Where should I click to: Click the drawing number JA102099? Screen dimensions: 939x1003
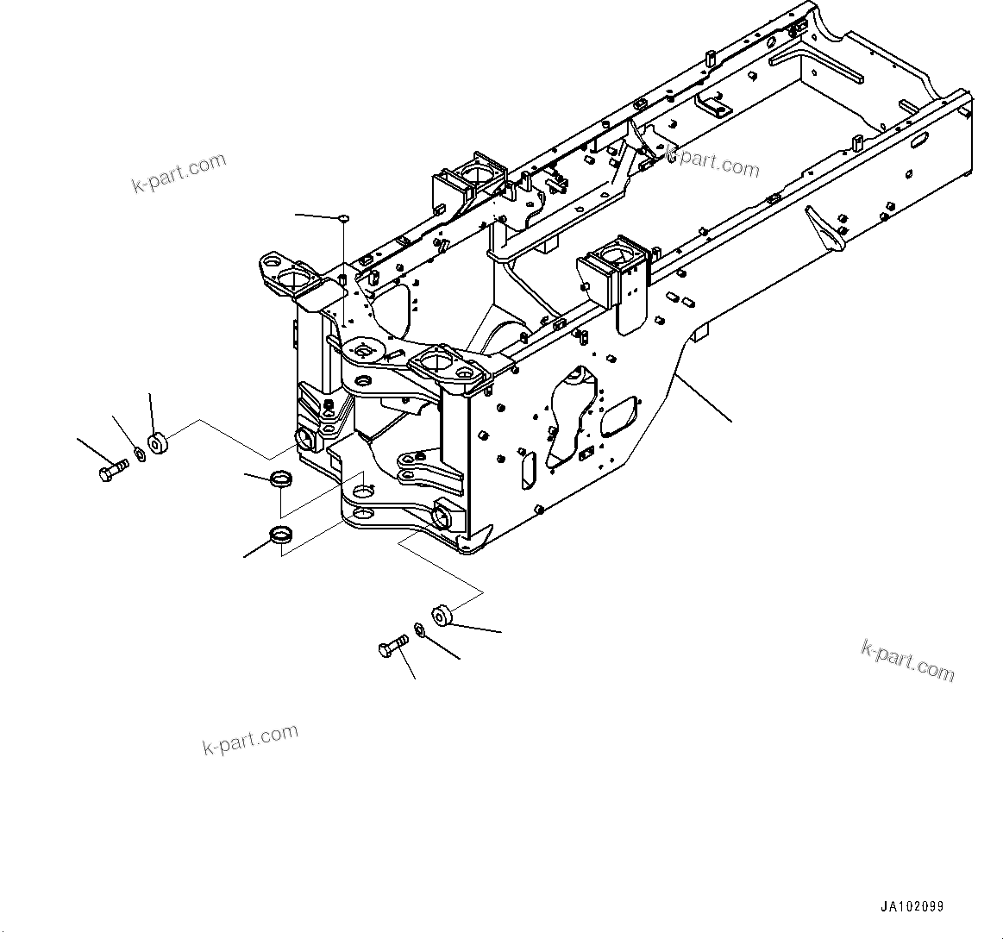point(912,907)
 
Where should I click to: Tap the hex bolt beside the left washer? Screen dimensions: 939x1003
point(110,471)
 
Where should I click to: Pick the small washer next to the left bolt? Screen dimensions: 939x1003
point(139,452)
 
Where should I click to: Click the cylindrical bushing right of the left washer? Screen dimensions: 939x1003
point(158,444)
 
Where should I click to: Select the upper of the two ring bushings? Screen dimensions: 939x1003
point(282,479)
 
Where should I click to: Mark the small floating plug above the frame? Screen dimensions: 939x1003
point(343,218)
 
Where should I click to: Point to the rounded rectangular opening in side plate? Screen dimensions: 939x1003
point(618,416)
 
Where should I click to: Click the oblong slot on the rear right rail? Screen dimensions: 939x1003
point(919,138)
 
